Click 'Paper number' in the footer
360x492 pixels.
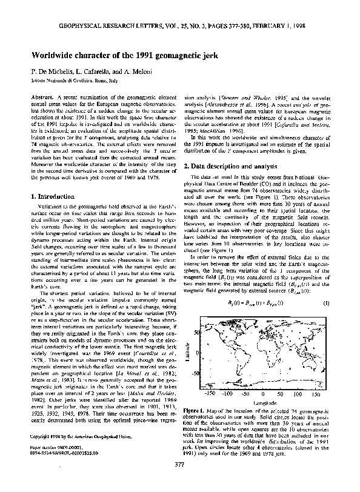[44, 462]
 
